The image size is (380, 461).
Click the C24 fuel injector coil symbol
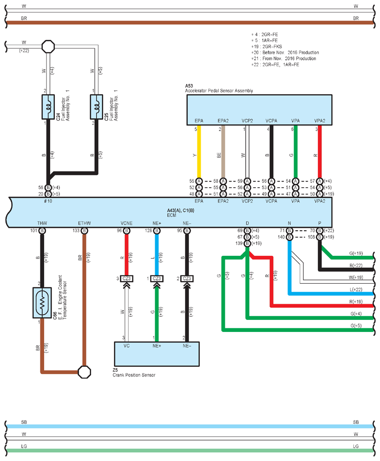(48, 107)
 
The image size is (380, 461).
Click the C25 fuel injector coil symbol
(97, 107)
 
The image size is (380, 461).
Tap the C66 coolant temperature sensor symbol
(42, 303)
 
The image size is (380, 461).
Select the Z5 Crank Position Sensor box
(157, 354)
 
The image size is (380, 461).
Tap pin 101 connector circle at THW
(42, 231)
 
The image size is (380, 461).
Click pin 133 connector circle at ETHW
(85, 231)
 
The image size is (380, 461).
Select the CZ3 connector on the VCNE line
(126, 279)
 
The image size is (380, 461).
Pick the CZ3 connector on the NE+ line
(157, 279)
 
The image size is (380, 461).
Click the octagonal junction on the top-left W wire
(48, 46)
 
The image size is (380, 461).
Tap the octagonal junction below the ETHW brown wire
(85, 372)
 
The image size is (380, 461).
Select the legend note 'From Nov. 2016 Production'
(289, 58)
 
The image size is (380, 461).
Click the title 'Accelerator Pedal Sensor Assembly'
(219, 91)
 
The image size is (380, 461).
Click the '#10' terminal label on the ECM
(48, 201)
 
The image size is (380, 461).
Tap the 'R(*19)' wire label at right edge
(356, 302)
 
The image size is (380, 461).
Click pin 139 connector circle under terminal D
(247, 243)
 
